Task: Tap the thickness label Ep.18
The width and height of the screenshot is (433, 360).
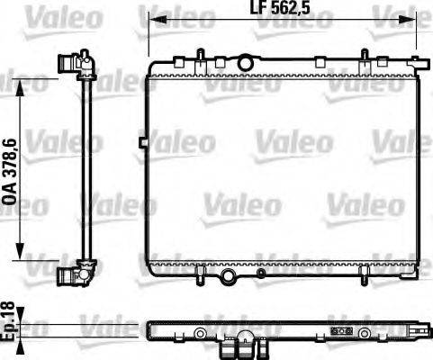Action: (10, 320)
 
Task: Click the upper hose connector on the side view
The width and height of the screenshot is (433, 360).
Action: (72, 64)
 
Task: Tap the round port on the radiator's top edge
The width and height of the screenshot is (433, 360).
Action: (245, 62)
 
